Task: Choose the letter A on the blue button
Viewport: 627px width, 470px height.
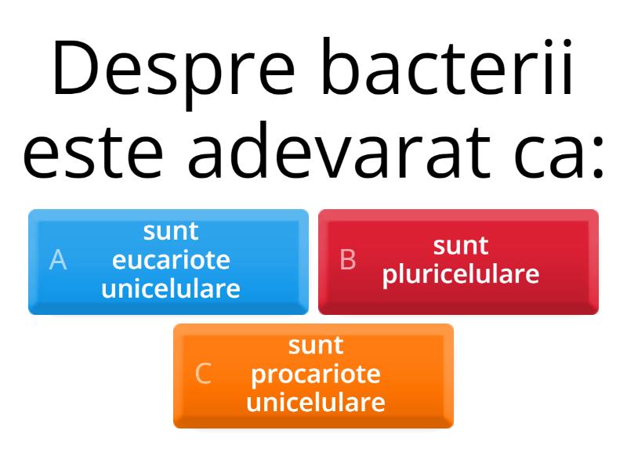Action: coord(57,260)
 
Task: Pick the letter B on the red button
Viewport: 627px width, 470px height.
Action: coord(348,260)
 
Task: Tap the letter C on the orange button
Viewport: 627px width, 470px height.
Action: coord(203,374)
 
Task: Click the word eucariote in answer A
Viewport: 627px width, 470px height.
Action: coord(171,260)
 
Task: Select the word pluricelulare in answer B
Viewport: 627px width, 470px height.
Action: coord(461,275)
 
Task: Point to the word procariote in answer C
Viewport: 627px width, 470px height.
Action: coord(316,374)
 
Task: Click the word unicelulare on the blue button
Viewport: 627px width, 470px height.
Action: coord(171,288)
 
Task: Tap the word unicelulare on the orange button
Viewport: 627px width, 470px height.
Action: coord(316,403)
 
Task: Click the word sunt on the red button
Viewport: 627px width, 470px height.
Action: coord(461,246)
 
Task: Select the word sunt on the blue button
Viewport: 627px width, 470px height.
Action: coord(171,232)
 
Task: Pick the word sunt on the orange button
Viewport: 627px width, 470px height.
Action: coord(316,345)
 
